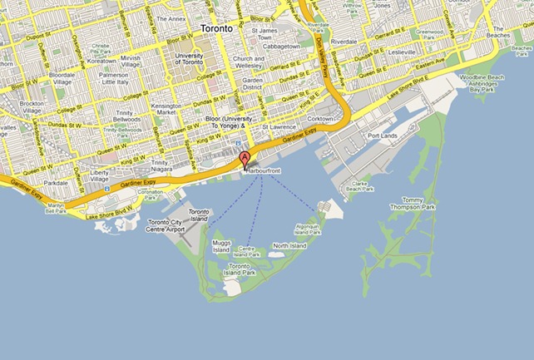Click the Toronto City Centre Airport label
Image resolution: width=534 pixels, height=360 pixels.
pyautogui.click(x=167, y=227)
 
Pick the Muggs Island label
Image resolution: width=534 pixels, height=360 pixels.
pyautogui.click(x=220, y=245)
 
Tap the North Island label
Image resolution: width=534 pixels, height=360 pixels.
pyautogui.click(x=289, y=246)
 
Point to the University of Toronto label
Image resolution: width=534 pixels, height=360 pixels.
pyautogui.click(x=191, y=59)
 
